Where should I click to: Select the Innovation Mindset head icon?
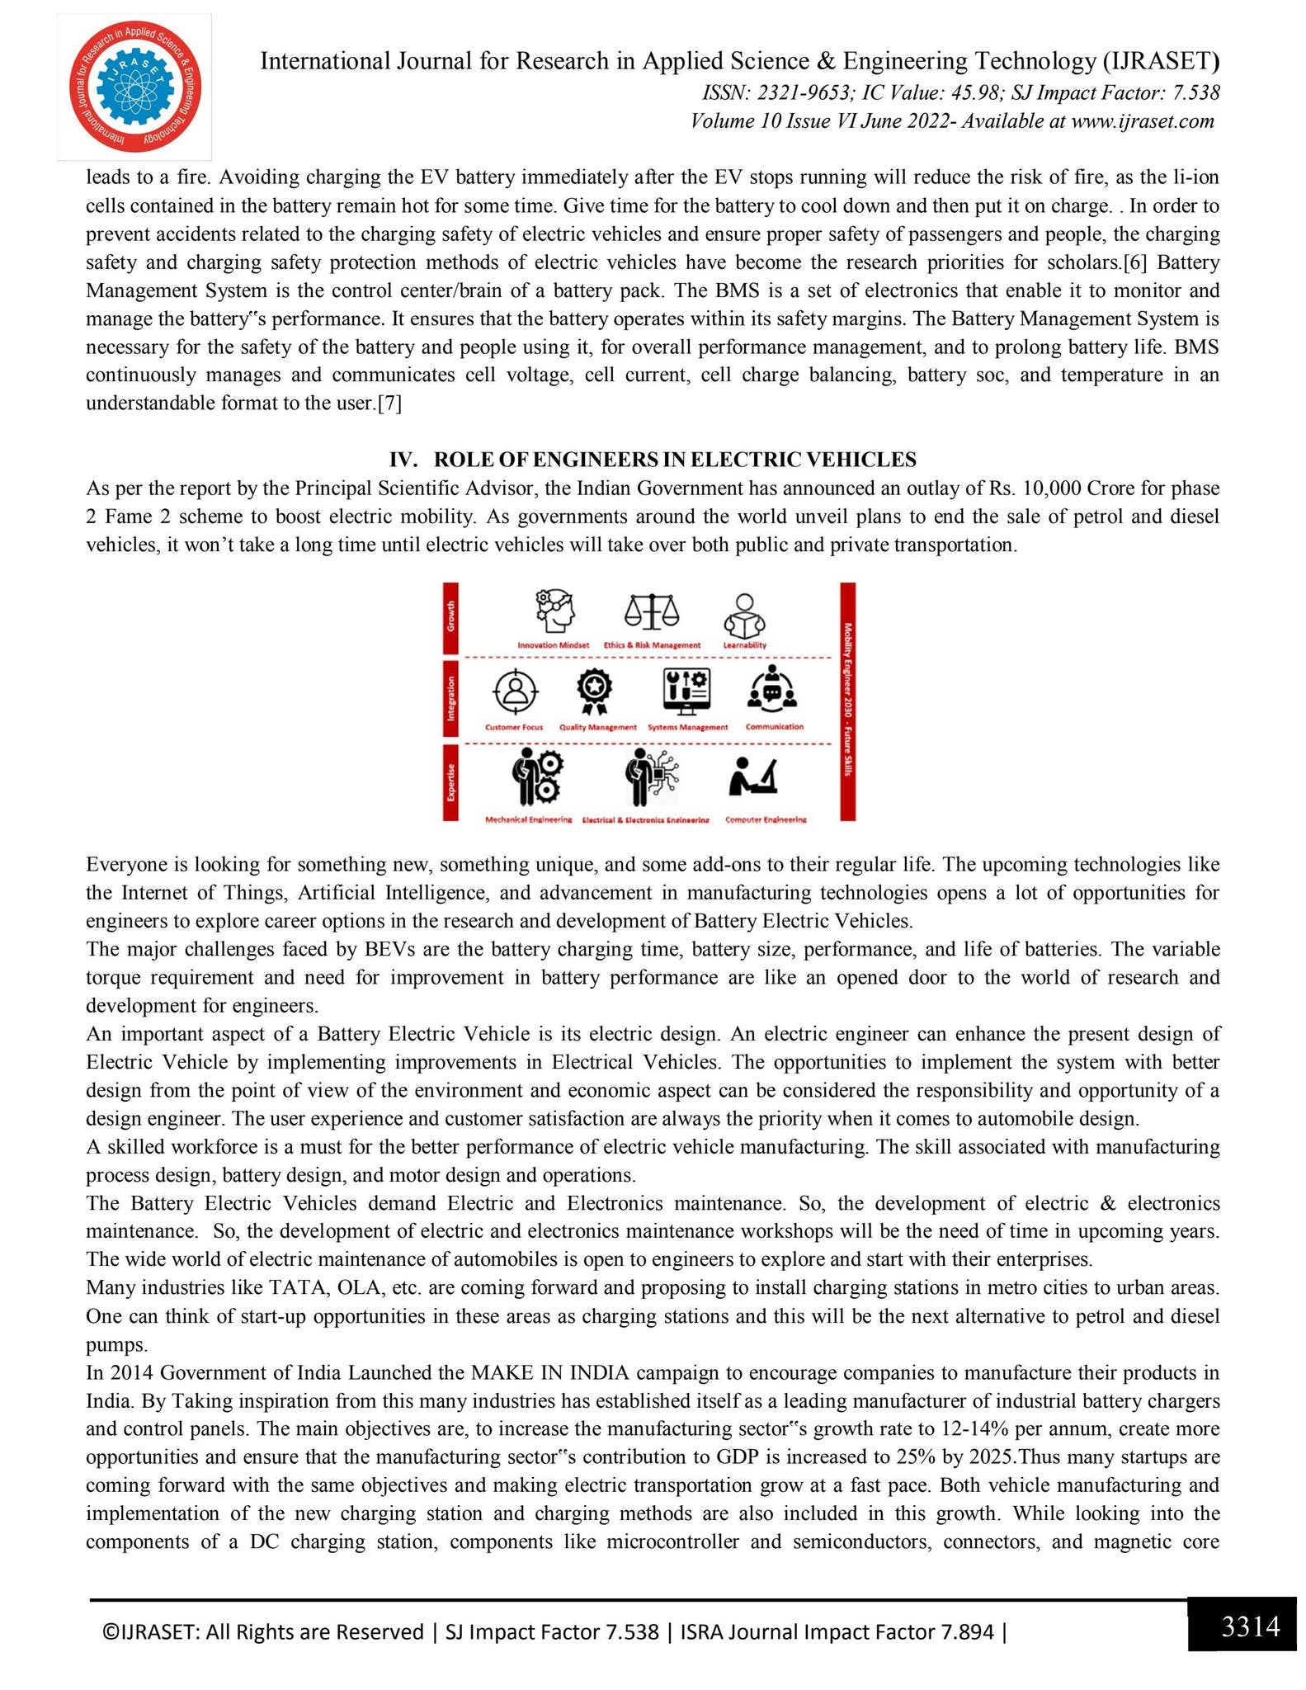click(554, 611)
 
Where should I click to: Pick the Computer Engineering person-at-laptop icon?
click(754, 777)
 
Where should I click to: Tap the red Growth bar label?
click(451, 617)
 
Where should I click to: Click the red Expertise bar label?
click(451, 781)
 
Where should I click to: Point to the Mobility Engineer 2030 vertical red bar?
click(847, 701)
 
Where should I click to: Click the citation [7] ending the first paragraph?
click(389, 404)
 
